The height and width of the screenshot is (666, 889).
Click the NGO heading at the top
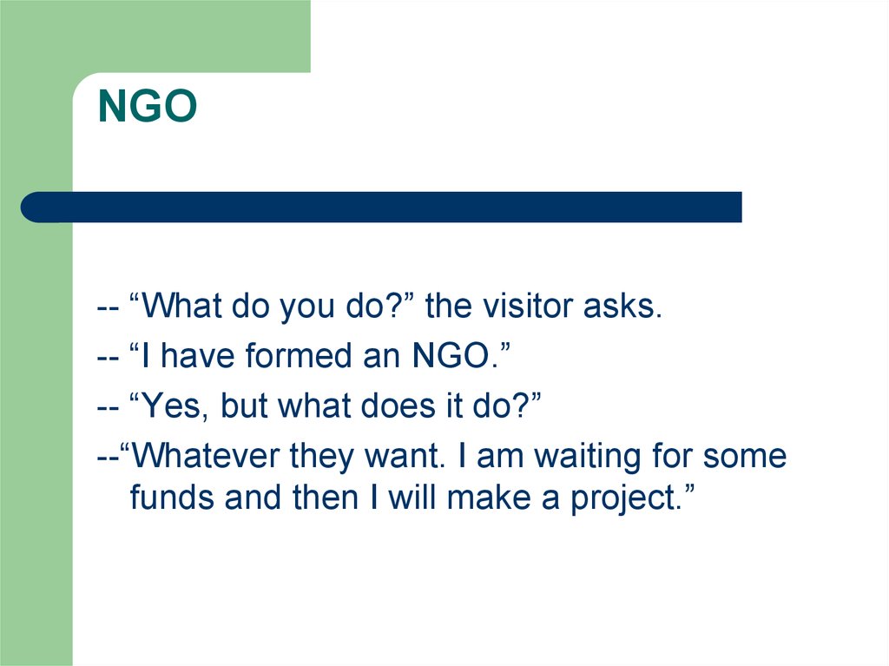(x=148, y=107)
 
